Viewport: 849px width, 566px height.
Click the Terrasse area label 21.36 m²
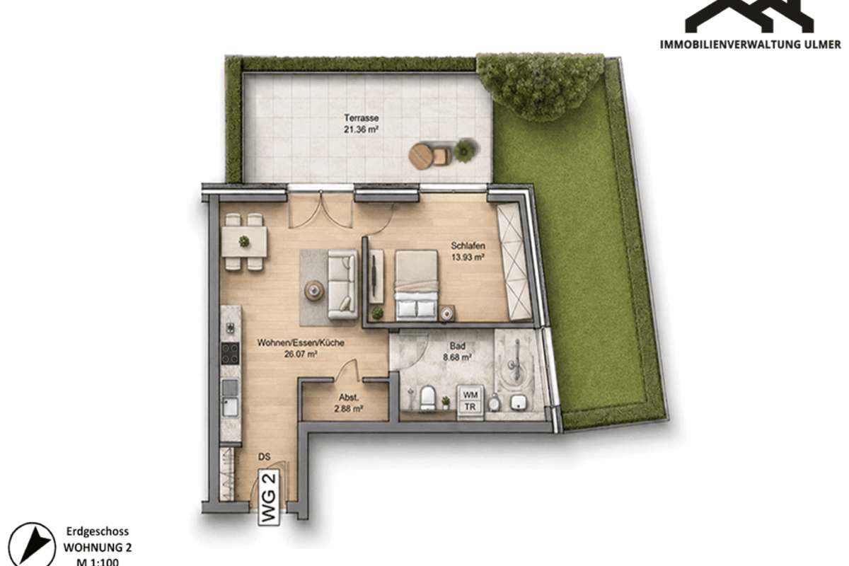point(362,129)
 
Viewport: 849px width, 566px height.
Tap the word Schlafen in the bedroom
point(468,246)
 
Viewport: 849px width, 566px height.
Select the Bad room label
point(458,346)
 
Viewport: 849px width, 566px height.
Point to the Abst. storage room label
point(349,398)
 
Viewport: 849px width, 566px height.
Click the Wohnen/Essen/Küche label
point(301,342)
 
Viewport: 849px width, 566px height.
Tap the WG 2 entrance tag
point(269,497)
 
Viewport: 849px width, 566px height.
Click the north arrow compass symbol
point(33,545)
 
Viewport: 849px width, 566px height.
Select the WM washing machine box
point(470,395)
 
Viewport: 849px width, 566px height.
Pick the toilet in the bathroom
point(427,398)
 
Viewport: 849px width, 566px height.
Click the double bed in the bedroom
point(417,285)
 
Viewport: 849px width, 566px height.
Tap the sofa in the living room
point(342,284)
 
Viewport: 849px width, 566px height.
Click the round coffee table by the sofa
point(314,290)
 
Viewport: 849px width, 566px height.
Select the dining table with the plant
point(245,241)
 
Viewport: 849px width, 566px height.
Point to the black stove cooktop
point(230,353)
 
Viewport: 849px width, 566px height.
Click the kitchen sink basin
point(230,407)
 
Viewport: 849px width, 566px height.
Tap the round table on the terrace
point(421,156)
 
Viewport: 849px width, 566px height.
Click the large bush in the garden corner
point(540,86)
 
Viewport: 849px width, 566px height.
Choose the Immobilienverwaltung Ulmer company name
point(750,45)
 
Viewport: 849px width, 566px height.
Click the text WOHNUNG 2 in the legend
point(98,548)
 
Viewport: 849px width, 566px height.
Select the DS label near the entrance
point(264,457)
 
